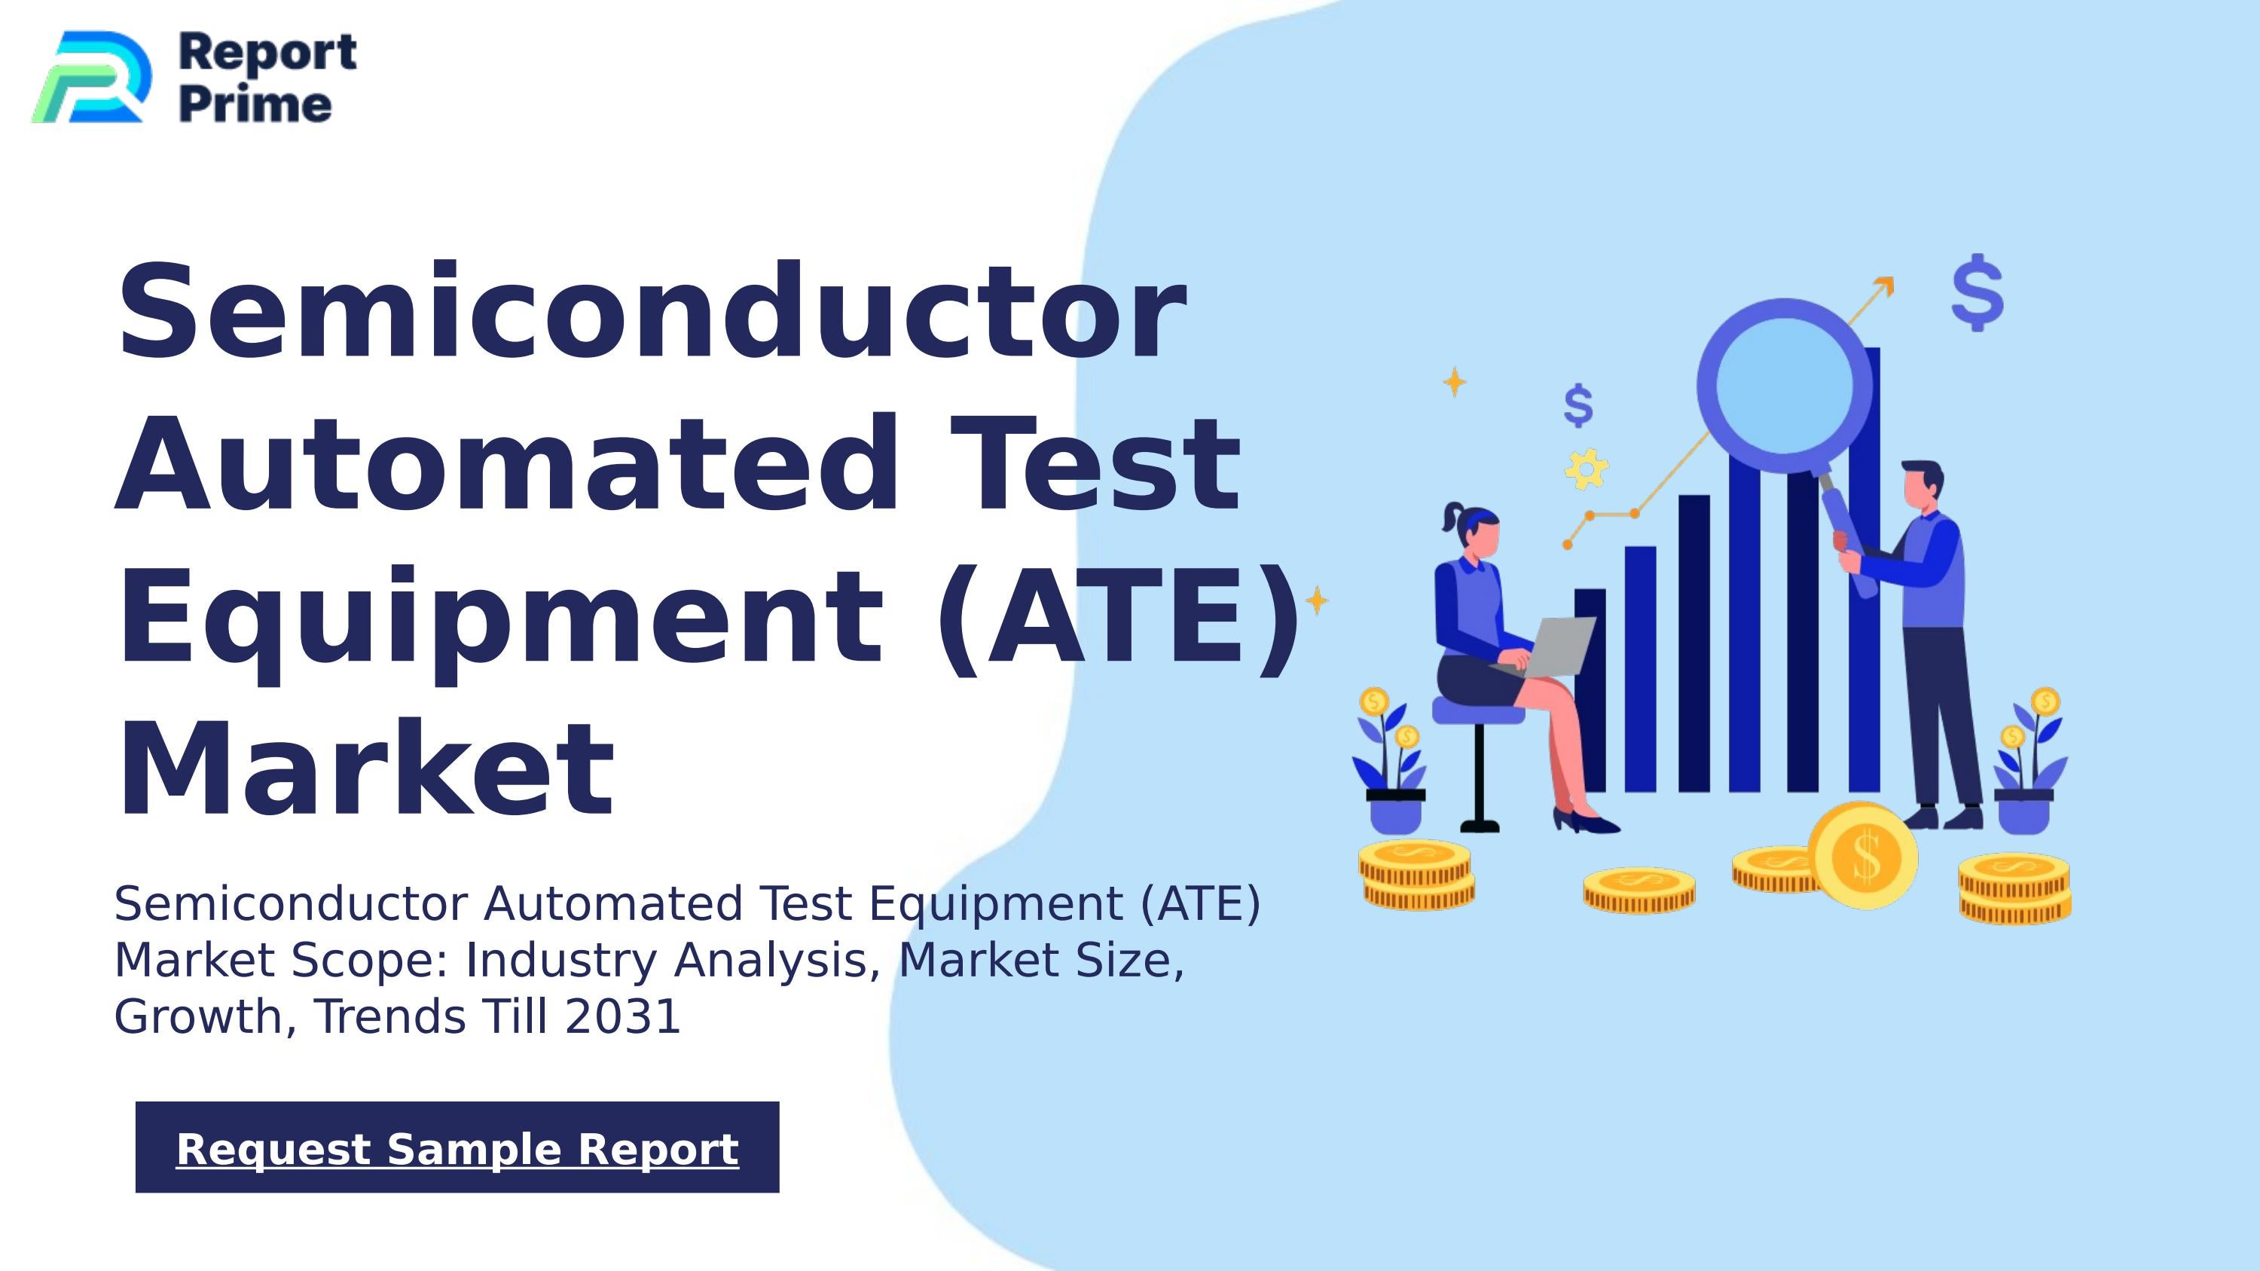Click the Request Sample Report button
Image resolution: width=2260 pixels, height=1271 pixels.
click(457, 1147)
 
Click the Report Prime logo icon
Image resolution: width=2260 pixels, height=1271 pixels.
click(90, 77)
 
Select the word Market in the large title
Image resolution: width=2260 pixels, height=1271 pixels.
click(365, 769)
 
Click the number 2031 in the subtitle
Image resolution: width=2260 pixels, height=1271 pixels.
click(622, 1016)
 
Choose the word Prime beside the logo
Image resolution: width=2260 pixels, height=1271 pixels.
click(255, 105)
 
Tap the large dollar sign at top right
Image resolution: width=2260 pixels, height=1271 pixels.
click(1977, 292)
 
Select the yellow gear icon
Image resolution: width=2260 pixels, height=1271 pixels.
click(1587, 469)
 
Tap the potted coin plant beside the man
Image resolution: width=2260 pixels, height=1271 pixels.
click(2027, 763)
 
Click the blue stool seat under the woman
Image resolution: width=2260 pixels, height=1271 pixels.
click(1478, 710)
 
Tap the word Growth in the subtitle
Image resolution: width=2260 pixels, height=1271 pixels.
click(198, 1016)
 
